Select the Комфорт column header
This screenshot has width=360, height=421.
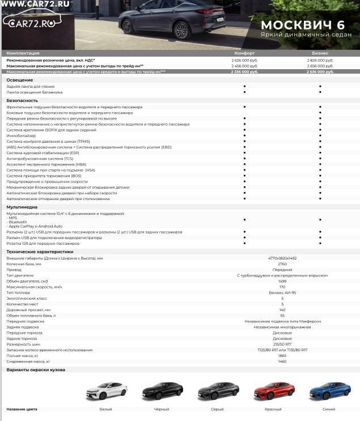pyautogui.click(x=244, y=53)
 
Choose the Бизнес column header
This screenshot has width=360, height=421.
pyautogui.click(x=320, y=53)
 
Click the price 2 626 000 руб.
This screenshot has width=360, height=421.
pyautogui.click(x=244, y=60)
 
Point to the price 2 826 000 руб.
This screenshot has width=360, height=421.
pyautogui.click(x=320, y=60)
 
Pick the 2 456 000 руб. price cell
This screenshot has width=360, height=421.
pyautogui.click(x=244, y=66)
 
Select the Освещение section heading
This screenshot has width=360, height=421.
pyautogui.click(x=19, y=80)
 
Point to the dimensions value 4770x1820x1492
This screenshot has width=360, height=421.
pyautogui.click(x=282, y=258)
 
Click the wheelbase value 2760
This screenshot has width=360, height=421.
pyautogui.click(x=282, y=264)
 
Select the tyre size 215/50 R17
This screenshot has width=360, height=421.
pyautogui.click(x=282, y=344)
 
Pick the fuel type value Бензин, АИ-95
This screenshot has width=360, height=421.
pyautogui.click(x=282, y=292)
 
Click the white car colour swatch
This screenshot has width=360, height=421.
pyautogui.click(x=105, y=391)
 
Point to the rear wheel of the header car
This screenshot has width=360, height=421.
pyautogui.click(x=126, y=26)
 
